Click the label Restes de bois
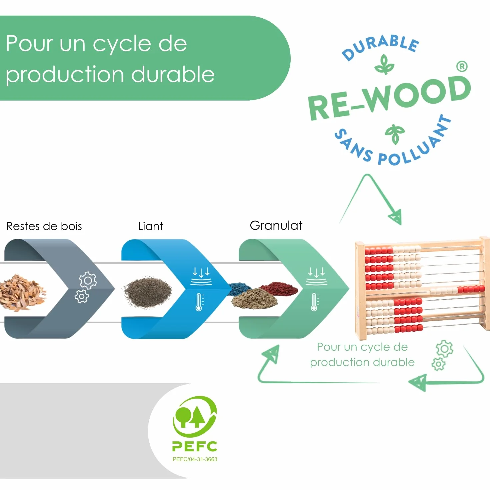coord(44,226)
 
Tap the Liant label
coord(151,226)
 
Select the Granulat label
coord(276,225)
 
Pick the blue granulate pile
coord(240,289)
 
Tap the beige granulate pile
coord(254,299)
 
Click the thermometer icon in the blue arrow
coord(199,302)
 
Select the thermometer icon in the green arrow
coord(314,302)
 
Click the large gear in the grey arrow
coord(88,280)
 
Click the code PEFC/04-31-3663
coord(195,459)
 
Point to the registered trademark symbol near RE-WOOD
coord(462,66)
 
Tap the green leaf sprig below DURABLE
coord(384,64)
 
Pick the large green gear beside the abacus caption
coord(444,349)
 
